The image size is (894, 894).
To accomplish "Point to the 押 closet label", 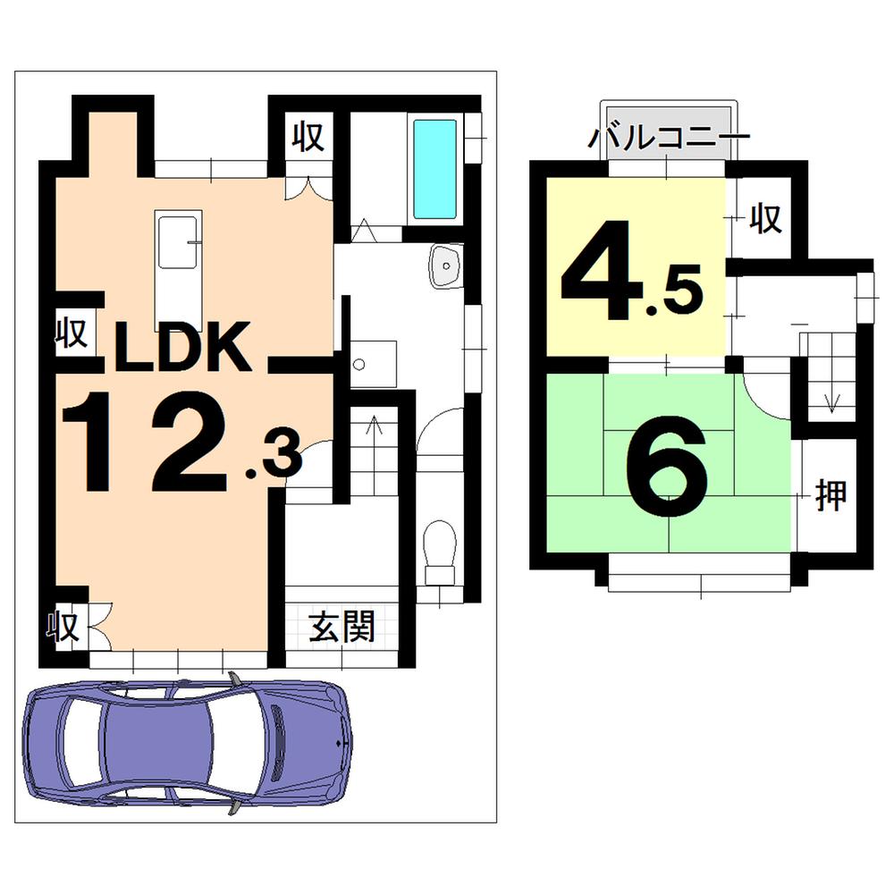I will pyautogui.click(x=831, y=493).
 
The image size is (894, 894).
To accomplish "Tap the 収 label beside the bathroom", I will pyautogui.click(x=307, y=138).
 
